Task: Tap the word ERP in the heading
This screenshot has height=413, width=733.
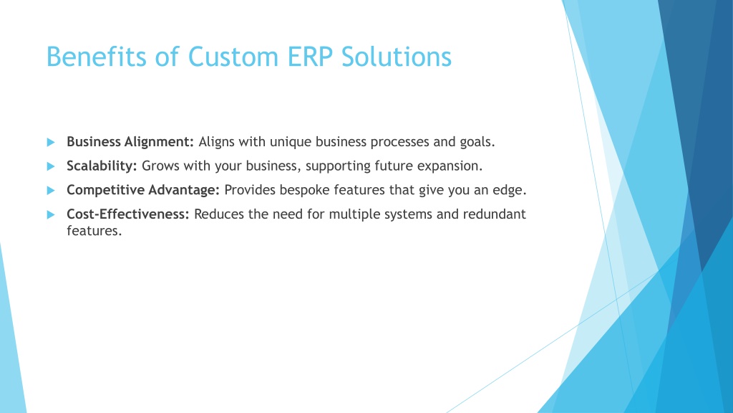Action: pyautogui.click(x=309, y=57)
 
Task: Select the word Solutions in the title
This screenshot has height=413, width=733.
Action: pyautogui.click(x=397, y=57)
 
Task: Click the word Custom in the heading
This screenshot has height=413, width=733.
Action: pyautogui.click(x=233, y=57)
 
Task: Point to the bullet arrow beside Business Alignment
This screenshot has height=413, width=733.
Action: pyautogui.click(x=51, y=142)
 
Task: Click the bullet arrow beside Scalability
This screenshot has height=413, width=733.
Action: pyautogui.click(x=51, y=166)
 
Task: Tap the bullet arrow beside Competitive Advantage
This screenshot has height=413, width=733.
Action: pyautogui.click(x=51, y=190)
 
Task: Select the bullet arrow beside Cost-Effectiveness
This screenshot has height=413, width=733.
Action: pyautogui.click(x=51, y=214)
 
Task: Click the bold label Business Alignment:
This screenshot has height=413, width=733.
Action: pyautogui.click(x=130, y=142)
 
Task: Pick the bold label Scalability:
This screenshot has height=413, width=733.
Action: pyautogui.click(x=102, y=166)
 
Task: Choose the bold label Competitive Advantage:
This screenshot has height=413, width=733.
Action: pyautogui.click(x=143, y=189)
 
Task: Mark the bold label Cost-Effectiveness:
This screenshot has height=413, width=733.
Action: pyautogui.click(x=127, y=214)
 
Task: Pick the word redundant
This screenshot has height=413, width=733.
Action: pyautogui.click(x=495, y=214)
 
